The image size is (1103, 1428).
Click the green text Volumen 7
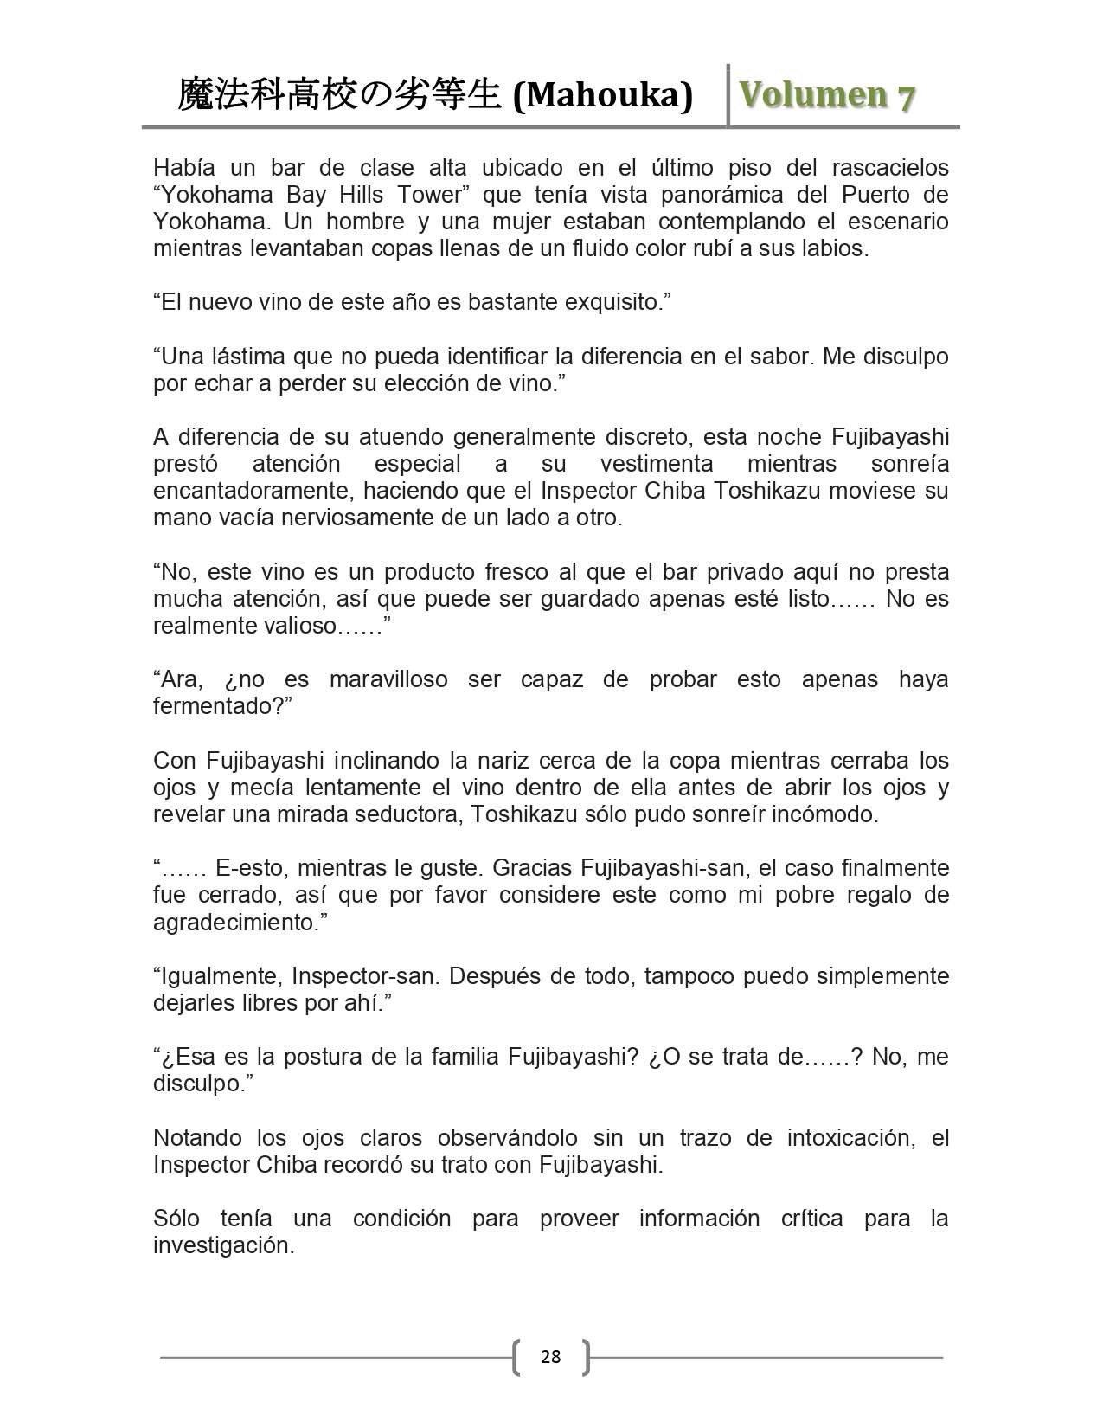[826, 95]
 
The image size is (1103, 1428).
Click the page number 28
[550, 1356]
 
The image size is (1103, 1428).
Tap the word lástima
[247, 357]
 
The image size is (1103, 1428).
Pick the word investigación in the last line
[223, 1245]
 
